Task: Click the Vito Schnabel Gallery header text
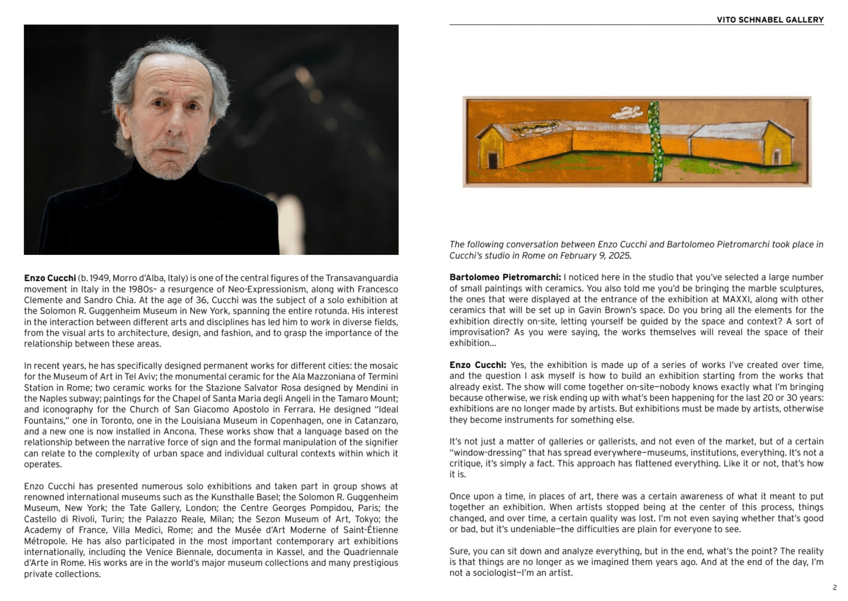pyautogui.click(x=770, y=20)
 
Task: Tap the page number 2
pyautogui.click(x=835, y=587)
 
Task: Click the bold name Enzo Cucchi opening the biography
pyautogui.click(x=50, y=278)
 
